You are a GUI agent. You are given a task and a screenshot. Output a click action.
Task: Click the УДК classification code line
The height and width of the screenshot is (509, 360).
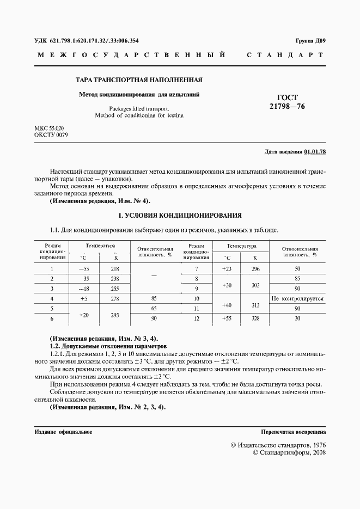pyautogui.click(x=86, y=41)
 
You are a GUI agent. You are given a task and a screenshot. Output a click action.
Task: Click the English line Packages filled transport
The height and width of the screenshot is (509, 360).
pyautogui.click(x=139, y=108)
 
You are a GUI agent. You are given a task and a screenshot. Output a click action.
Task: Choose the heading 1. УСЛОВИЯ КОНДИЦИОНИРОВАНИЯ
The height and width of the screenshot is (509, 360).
pyautogui.click(x=180, y=216)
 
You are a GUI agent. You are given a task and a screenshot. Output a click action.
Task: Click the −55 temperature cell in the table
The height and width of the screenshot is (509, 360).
pyautogui.click(x=83, y=269)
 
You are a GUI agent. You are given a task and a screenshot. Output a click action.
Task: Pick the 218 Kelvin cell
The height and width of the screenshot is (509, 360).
pyautogui.click(x=115, y=269)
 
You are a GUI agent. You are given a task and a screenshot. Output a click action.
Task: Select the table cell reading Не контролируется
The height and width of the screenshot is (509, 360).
pyautogui.click(x=297, y=298)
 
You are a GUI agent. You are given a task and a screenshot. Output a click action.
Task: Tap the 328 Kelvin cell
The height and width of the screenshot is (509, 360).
pyautogui.click(x=255, y=318)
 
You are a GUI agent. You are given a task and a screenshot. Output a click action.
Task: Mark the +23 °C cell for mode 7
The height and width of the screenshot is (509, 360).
pyautogui.click(x=227, y=269)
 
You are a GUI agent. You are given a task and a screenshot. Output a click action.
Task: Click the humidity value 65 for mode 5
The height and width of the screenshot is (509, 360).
pyautogui.click(x=155, y=308)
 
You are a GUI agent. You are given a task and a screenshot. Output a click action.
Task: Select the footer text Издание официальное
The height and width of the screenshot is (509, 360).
pyautogui.click(x=63, y=432)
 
